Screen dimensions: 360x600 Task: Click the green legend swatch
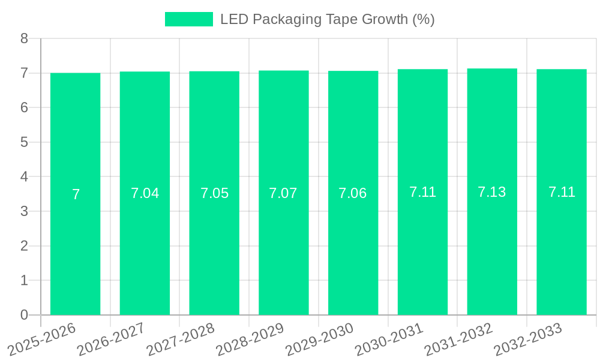pyautogui.click(x=188, y=19)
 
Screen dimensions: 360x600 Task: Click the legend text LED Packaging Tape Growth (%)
pyautogui.click(x=327, y=19)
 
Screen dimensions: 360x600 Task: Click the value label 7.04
pyautogui.click(x=145, y=193)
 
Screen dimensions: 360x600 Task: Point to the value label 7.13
pyautogui.click(x=492, y=192)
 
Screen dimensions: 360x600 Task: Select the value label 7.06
pyautogui.click(x=353, y=193)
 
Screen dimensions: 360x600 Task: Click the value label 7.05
pyautogui.click(x=214, y=193)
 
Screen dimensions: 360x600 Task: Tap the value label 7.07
pyautogui.click(x=283, y=193)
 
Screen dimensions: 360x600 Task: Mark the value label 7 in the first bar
pyautogui.click(x=76, y=194)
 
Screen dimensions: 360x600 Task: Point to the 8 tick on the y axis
pyautogui.click(x=25, y=38)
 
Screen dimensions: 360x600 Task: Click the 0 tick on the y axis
pyautogui.click(x=25, y=315)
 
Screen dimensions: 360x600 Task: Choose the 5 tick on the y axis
pyautogui.click(x=25, y=142)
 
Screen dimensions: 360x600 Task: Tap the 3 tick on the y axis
pyautogui.click(x=25, y=211)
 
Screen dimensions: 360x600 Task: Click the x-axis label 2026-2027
pyautogui.click(x=111, y=339)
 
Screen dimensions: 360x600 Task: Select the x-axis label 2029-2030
pyautogui.click(x=319, y=339)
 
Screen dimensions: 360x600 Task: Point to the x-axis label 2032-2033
pyautogui.click(x=527, y=339)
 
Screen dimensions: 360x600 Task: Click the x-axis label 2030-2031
pyautogui.click(x=389, y=339)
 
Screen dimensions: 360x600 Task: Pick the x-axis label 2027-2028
pyautogui.click(x=180, y=339)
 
